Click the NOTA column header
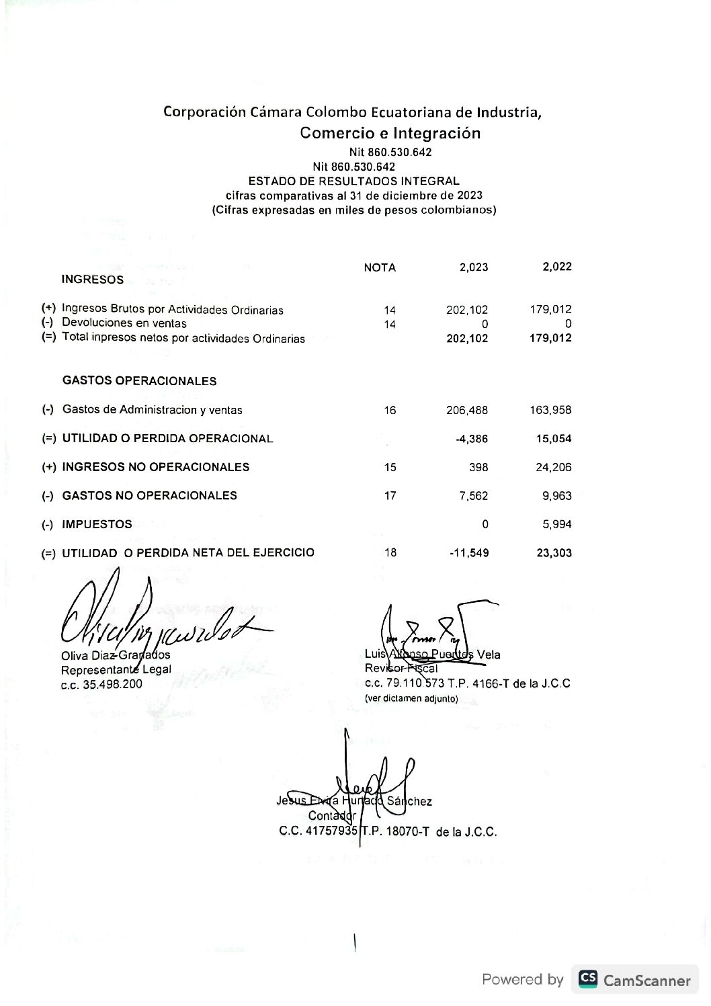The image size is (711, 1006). coord(380,267)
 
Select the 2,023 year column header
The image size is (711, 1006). coord(474,267)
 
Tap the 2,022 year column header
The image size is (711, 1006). coord(557,266)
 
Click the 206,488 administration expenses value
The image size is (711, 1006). coord(467,410)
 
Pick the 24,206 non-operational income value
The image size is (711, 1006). coord(554,467)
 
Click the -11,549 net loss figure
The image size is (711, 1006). coord(469,553)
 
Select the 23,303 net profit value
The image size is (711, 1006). coord(554,553)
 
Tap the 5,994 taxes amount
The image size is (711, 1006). coord(557,524)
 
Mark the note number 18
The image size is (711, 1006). coord(390,552)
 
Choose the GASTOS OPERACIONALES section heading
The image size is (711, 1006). coord(139,381)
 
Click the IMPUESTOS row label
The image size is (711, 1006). coord(97,524)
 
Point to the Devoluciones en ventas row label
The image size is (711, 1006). coord(124,323)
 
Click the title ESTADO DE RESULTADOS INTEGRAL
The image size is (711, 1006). coord(353,181)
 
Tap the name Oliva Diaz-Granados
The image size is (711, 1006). coord(116,655)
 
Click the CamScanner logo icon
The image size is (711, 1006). coord(588,978)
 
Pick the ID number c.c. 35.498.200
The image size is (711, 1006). coord(101,684)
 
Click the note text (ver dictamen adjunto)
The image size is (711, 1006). coord(411,699)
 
